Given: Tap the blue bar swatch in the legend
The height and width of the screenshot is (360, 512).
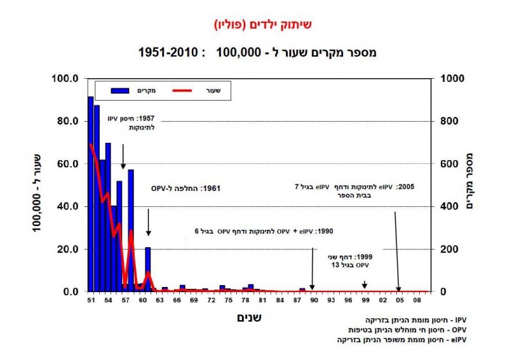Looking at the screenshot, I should point(120,90).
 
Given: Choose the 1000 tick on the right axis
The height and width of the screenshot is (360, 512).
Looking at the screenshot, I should point(451,79).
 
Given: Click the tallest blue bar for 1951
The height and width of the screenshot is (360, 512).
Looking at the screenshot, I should point(91,192).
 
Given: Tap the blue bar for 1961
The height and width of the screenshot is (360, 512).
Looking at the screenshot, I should point(148,269).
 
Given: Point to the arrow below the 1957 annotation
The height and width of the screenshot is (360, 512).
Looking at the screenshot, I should point(123,157).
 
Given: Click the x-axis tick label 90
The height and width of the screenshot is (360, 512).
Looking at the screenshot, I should point(314,299).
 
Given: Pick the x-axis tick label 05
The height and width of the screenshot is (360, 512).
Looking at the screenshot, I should point(399,299).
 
